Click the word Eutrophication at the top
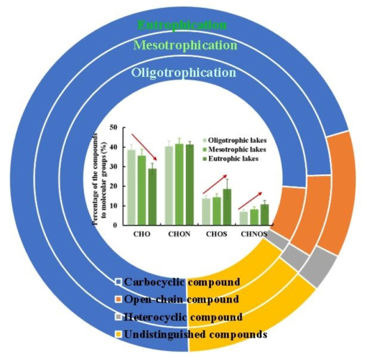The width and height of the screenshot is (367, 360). [x=182, y=25]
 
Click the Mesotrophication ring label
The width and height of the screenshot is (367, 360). [x=185, y=45]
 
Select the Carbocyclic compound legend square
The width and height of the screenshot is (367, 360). [x=117, y=282]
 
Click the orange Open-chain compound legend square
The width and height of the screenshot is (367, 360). [x=117, y=299]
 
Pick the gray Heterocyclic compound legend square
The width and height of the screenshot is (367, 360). [x=117, y=317]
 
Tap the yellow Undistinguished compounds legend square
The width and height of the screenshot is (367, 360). [x=117, y=335]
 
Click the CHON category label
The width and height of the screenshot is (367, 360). [x=179, y=233]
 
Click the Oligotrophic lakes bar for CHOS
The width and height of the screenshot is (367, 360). [x=207, y=211]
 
